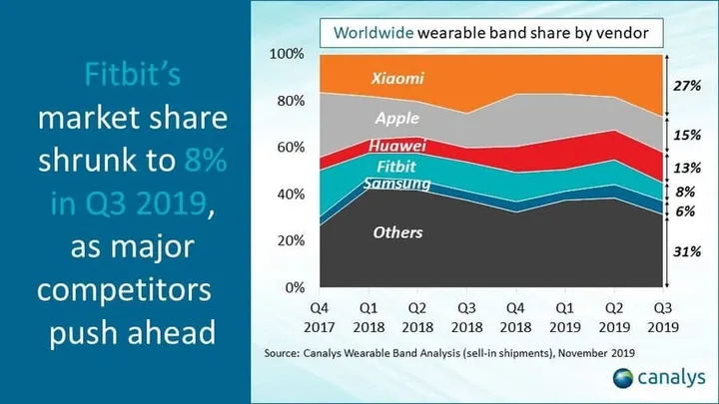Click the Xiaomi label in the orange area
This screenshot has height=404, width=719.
[x=396, y=77]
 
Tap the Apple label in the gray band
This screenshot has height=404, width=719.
[x=396, y=118]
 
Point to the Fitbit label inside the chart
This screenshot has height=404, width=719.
[x=395, y=167]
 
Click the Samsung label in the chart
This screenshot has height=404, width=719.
[x=396, y=184]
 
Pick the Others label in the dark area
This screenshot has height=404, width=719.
[x=397, y=232]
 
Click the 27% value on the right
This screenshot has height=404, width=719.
[x=685, y=86]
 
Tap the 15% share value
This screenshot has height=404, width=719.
[x=685, y=135]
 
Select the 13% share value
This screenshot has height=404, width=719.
[x=685, y=167]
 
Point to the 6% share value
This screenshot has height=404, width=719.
[x=685, y=211]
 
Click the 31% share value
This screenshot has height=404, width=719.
[x=685, y=252]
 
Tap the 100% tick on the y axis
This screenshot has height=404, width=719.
[x=287, y=53]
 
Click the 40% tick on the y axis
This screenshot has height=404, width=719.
[x=290, y=194]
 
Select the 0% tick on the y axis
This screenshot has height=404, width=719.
[x=294, y=288]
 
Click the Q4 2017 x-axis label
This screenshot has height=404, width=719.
[x=321, y=316]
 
